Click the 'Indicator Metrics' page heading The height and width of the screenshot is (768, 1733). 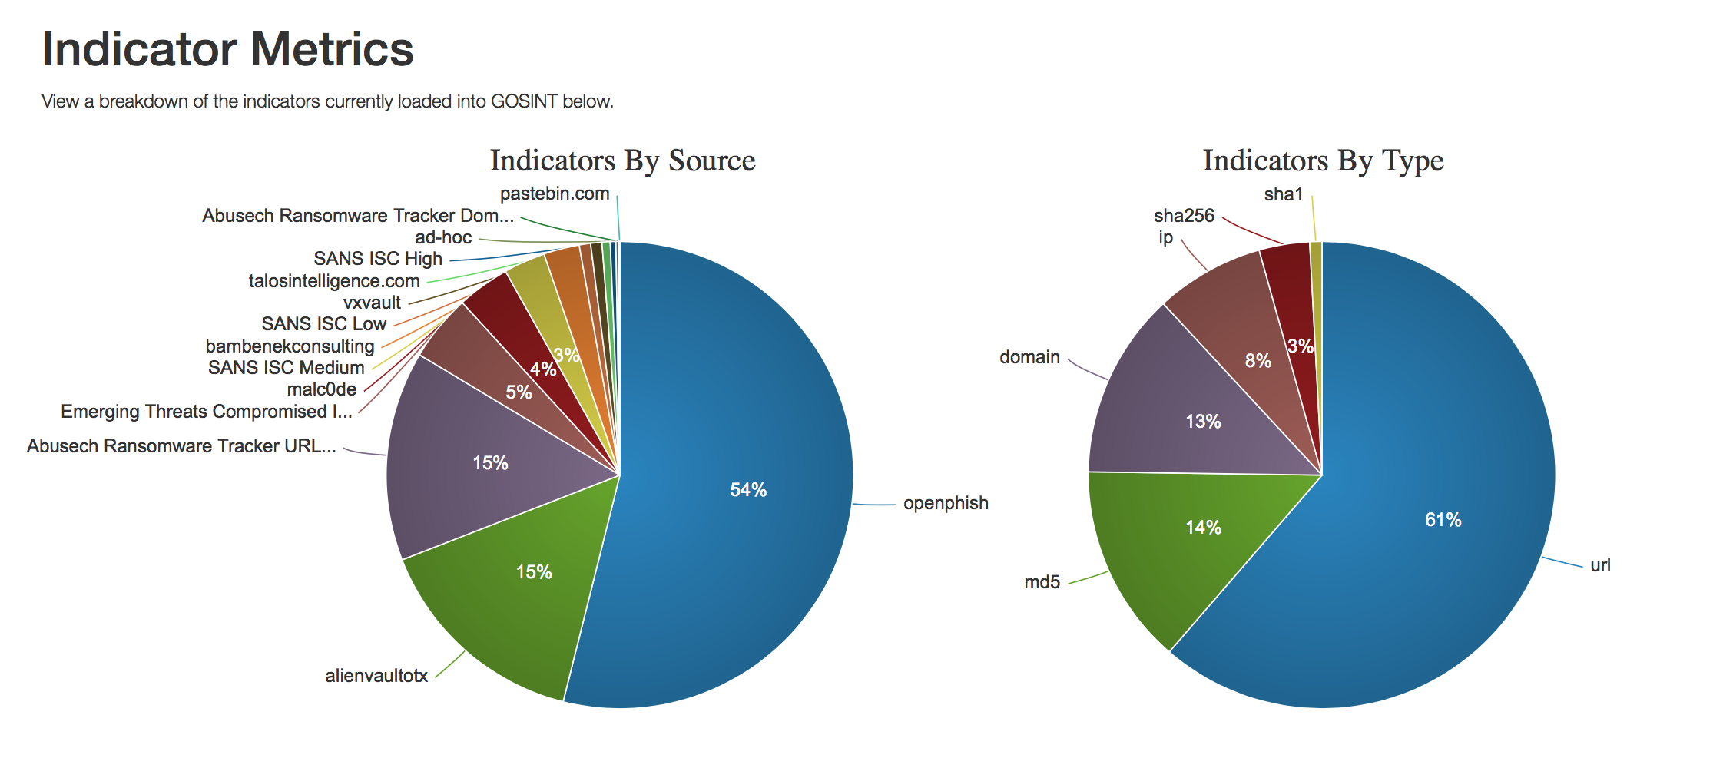tap(228, 49)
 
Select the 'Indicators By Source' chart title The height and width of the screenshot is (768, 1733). tap(622, 161)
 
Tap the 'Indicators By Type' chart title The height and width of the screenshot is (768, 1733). tap(1323, 161)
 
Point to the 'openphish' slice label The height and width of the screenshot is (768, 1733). tap(946, 503)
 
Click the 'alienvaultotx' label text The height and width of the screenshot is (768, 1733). tap(376, 676)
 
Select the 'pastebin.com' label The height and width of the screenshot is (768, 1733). tap(555, 194)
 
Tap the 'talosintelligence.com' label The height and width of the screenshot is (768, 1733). tap(334, 281)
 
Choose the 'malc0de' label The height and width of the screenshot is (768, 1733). tap(322, 389)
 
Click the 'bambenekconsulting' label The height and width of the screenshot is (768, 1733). tap(290, 346)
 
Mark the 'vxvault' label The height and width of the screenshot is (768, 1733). tap(372, 303)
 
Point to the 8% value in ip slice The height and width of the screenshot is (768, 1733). tap(1258, 361)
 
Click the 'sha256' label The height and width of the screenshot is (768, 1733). tap(1184, 216)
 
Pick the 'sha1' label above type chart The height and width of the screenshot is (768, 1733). tap(1283, 195)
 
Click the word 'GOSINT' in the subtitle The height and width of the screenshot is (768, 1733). tap(524, 101)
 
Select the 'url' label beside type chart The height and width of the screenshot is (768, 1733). tap(1600, 565)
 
